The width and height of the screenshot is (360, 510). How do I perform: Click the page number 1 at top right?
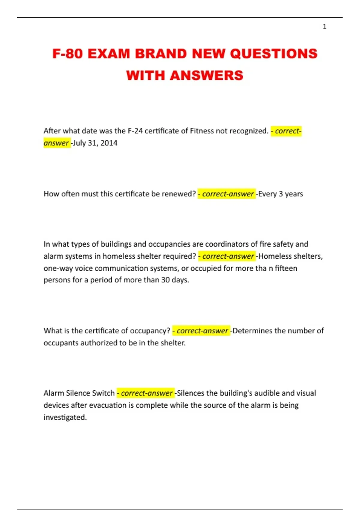pyautogui.click(x=324, y=27)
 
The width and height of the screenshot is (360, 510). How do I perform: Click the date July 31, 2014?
pyautogui.click(x=95, y=143)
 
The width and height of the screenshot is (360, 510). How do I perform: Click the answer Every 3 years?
pyautogui.click(x=280, y=194)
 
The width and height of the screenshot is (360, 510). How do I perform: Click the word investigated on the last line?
pyautogui.click(x=65, y=417)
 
